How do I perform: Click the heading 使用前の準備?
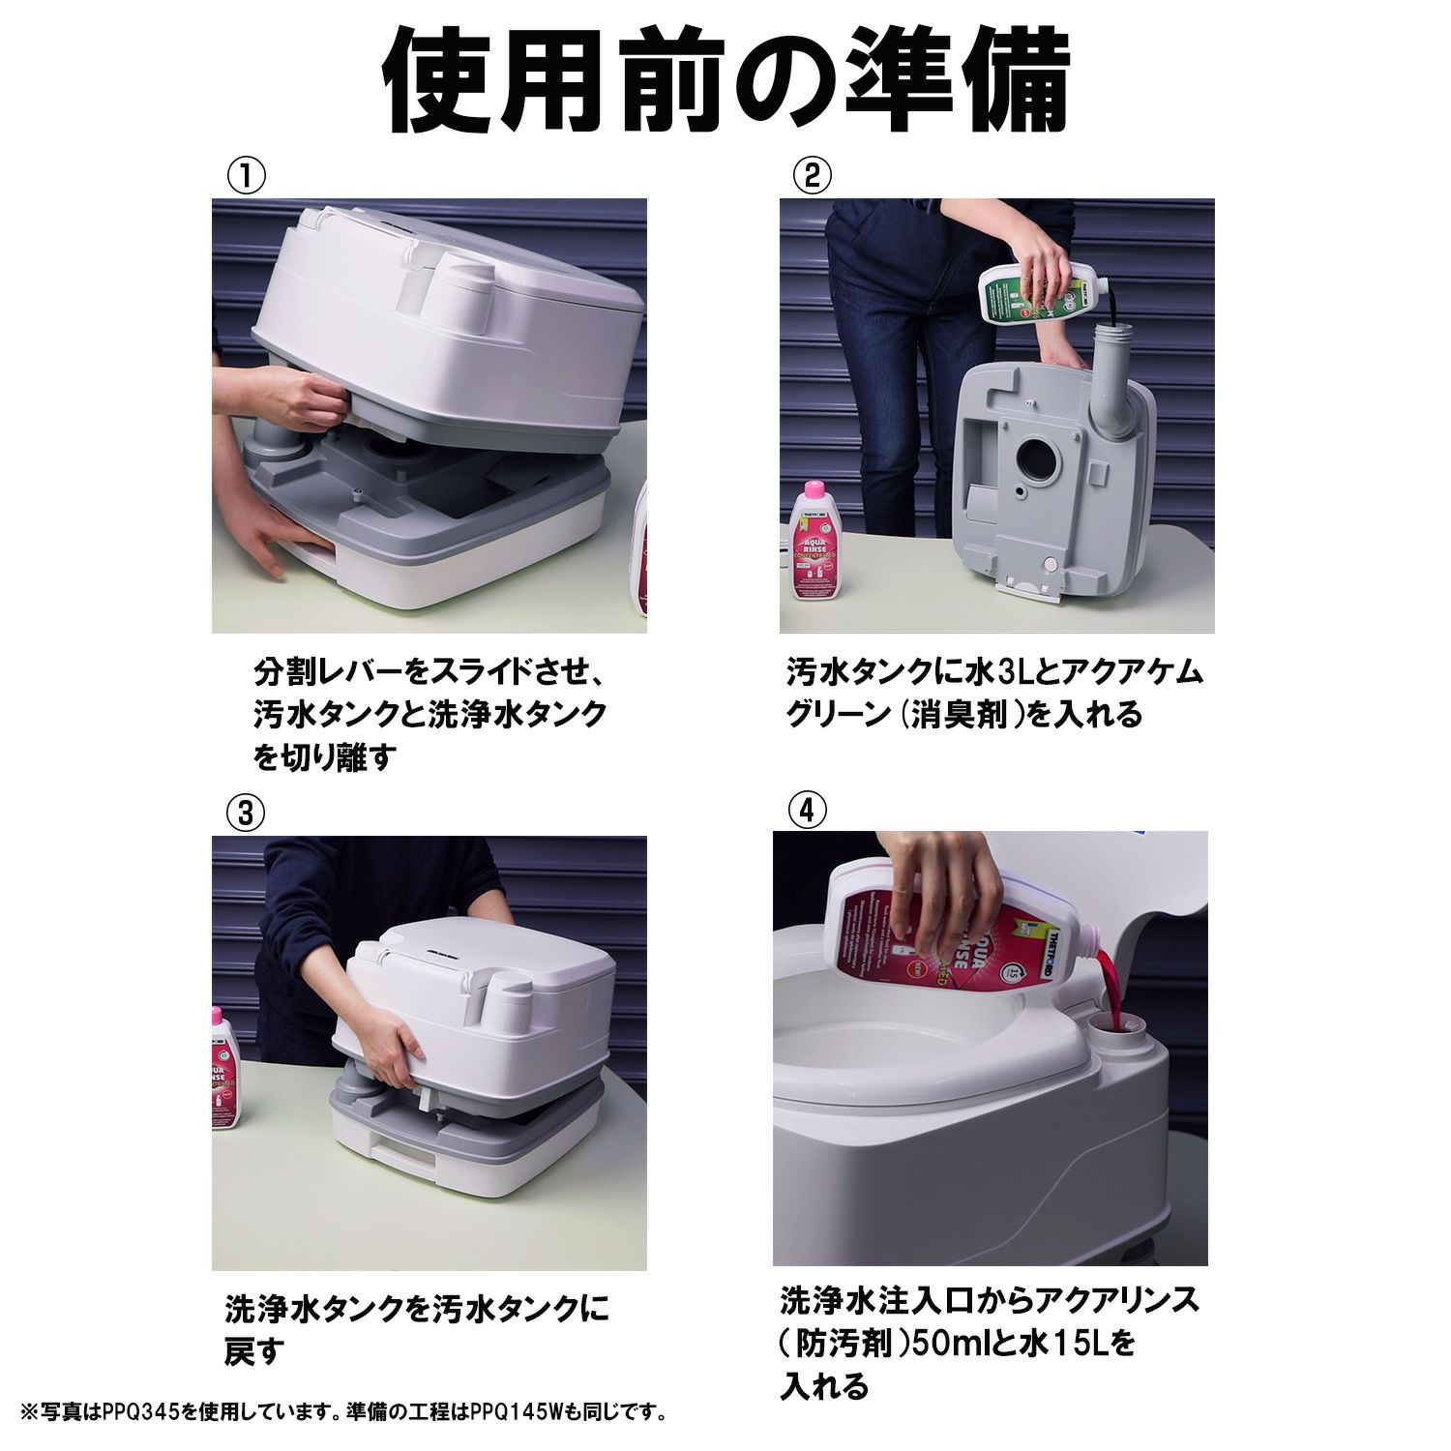727,85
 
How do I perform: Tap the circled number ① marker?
246,176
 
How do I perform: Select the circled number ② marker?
813,176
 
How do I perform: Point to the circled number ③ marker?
246,814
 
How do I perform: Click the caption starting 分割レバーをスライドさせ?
430,715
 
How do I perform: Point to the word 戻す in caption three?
255,1350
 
